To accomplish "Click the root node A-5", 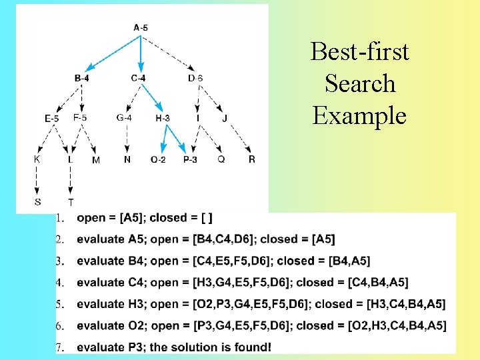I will (x=141, y=28).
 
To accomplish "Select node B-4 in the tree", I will (x=82, y=79).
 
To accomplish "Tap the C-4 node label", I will (x=139, y=79).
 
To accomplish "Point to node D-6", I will (x=195, y=79).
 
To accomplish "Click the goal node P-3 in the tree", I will (x=190, y=160).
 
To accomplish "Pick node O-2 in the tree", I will (x=158, y=160).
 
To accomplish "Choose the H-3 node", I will (x=163, y=119).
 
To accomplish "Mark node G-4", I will (x=124, y=118).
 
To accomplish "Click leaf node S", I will (x=37, y=201).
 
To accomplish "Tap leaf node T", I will (x=71, y=202).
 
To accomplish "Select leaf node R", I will (x=252, y=159).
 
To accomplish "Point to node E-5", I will (x=52, y=119).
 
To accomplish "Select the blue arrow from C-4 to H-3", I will (x=152, y=98).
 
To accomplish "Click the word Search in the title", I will (x=360, y=84).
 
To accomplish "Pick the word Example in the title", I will (x=359, y=115).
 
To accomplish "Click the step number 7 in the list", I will (x=59, y=347).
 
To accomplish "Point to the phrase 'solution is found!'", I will (x=226, y=347).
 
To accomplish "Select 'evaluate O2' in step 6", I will (x=110, y=325).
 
